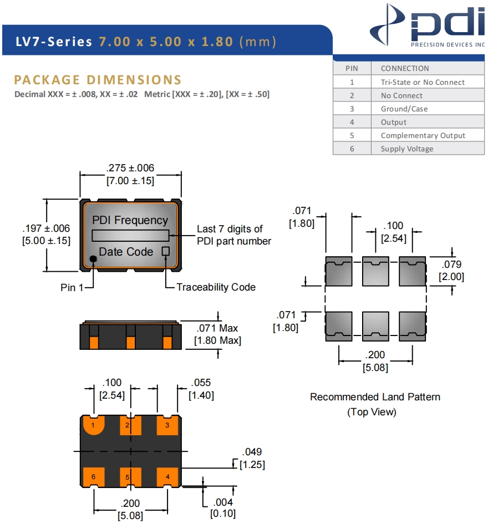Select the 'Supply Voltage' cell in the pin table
point(406,149)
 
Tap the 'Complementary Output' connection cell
point(423,135)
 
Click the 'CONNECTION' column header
point(405,68)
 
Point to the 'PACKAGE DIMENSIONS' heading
point(98,80)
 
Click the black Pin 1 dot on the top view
point(92,264)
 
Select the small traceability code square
point(165,251)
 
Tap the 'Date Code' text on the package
point(126,252)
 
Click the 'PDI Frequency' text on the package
point(130,220)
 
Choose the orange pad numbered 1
point(94,425)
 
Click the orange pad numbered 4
point(167,476)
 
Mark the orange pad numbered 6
point(94,476)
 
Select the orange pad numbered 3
point(167,425)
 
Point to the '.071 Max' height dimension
point(217,328)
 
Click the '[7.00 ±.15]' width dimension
point(130,181)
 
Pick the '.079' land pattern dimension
point(451,264)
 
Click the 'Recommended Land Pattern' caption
point(375,397)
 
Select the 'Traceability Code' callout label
point(216,287)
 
